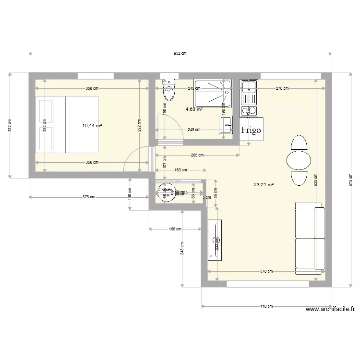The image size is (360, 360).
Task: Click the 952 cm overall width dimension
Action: (x=180, y=54)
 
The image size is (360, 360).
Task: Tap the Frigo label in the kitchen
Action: (x=252, y=130)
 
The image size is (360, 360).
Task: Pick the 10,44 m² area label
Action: (x=92, y=126)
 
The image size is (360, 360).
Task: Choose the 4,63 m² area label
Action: (x=193, y=109)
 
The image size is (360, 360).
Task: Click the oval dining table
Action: (x=298, y=160)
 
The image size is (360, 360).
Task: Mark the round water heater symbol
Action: (x=167, y=192)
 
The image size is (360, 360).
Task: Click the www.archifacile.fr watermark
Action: (x=329, y=310)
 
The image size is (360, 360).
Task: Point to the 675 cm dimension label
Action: (x=350, y=180)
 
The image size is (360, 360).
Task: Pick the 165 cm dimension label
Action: (x=175, y=229)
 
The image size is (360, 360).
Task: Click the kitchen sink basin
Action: (x=249, y=87)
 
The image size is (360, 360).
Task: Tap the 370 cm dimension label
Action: (x=266, y=271)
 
